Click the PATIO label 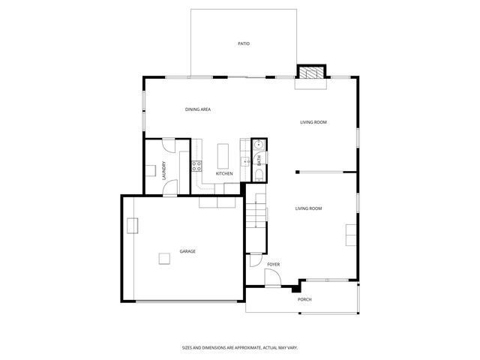243,44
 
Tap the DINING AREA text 198,109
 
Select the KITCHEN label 224,174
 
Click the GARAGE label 187,251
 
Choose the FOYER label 274,265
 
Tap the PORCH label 304,299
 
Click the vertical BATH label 259,160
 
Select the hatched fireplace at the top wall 310,72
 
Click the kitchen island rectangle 223,156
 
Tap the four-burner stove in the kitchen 196,166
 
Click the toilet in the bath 257,175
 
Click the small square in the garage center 163,258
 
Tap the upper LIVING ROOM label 313,122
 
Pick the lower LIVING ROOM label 308,208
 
